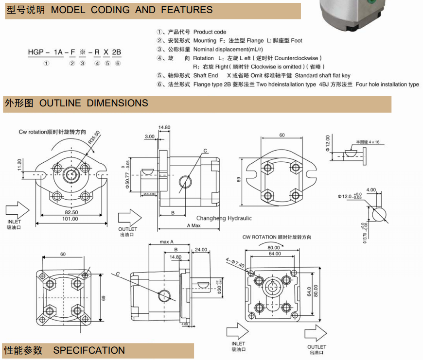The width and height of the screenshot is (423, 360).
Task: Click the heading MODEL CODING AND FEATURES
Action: click(x=131, y=10)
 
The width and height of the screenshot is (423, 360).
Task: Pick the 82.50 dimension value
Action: click(x=71, y=212)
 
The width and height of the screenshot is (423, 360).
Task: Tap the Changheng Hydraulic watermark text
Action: click(x=224, y=218)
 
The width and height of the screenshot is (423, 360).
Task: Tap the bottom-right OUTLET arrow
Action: click(x=317, y=333)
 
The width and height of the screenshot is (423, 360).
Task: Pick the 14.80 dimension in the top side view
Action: click(x=164, y=128)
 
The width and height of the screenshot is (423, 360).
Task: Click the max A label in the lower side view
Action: click(x=167, y=242)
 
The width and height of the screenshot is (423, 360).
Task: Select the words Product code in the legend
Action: click(x=210, y=32)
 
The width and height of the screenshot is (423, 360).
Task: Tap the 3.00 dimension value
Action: click(x=150, y=137)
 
